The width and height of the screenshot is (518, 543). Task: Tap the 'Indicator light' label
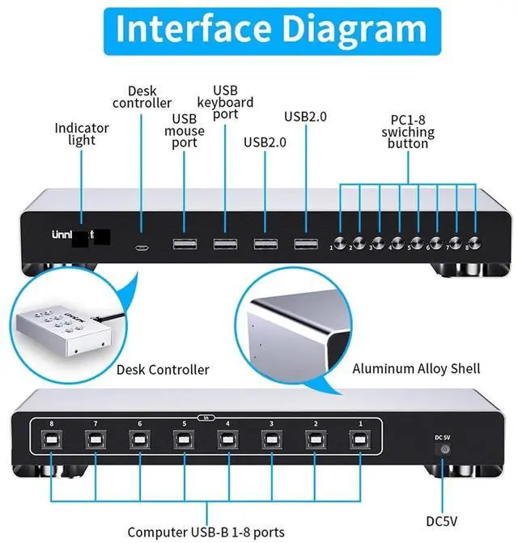[81, 134]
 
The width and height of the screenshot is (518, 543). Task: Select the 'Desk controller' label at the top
[142, 97]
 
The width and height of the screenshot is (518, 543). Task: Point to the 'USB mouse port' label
[184, 131]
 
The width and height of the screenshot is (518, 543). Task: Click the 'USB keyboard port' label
[225, 103]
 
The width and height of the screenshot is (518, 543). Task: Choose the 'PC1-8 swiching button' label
[408, 132]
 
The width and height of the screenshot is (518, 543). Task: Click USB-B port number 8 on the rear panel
[53, 439]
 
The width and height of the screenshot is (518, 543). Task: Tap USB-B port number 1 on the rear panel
[359, 439]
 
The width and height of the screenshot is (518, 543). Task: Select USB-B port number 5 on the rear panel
[184, 439]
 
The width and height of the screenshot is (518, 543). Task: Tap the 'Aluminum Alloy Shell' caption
[416, 369]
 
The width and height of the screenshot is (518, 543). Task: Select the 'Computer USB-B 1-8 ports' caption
[206, 532]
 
